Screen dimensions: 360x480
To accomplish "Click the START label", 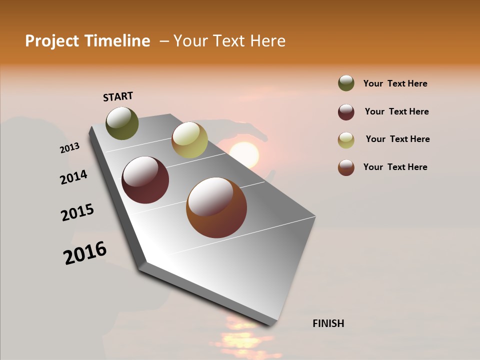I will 118,96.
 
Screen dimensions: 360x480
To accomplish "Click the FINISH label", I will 328,323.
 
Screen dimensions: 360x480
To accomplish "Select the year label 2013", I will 70,148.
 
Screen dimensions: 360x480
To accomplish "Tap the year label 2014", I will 73,177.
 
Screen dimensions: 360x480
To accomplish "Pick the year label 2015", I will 77,212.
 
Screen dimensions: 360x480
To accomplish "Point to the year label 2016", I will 85,253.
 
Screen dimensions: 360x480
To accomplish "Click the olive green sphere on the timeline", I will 122,123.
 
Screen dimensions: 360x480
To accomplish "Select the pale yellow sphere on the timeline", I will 189,139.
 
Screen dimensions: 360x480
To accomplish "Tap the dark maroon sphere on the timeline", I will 145,180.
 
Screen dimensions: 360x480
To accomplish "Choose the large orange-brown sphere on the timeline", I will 216,207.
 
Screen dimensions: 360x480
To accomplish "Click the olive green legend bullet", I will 346,83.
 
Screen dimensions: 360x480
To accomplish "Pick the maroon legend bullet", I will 346,112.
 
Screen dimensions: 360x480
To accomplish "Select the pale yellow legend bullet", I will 346,140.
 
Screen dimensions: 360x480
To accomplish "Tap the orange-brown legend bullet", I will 346,167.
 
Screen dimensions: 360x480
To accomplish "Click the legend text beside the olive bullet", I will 395,83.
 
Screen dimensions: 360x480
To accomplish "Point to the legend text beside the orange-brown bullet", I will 395,167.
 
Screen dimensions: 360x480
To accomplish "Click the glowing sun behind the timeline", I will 244,155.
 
